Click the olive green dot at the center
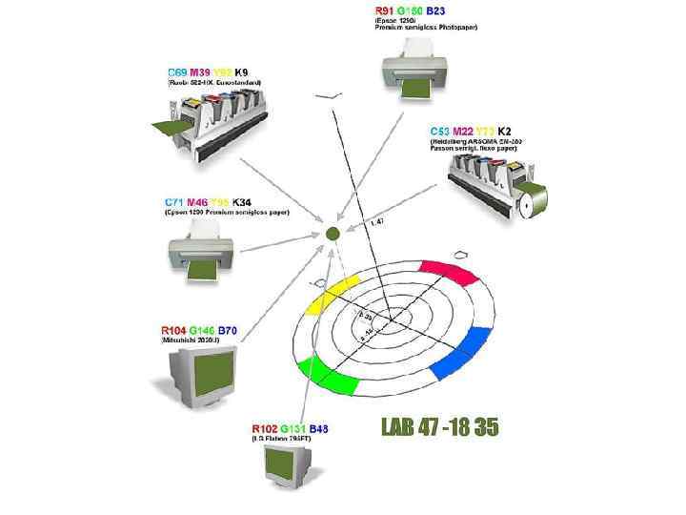click(333, 233)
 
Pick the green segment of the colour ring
click(326, 376)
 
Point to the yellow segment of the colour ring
click(330, 293)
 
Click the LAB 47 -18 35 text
click(440, 427)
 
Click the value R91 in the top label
click(385, 10)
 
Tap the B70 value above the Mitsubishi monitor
click(228, 330)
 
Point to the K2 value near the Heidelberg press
click(504, 131)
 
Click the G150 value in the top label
click(411, 10)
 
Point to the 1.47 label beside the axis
click(375, 221)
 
